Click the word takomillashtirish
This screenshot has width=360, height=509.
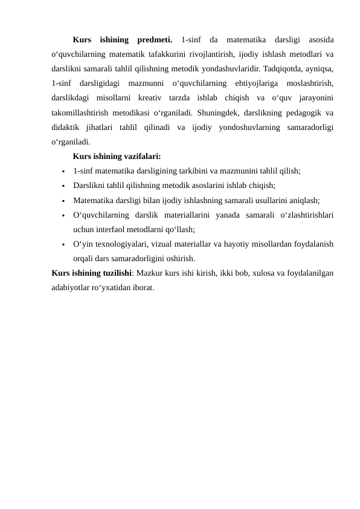coord(84,112)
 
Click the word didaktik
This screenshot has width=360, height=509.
coord(68,127)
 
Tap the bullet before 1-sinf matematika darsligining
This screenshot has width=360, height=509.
coord(62,172)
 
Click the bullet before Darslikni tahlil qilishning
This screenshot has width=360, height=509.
coord(62,186)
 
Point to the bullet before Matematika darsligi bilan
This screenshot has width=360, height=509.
coord(62,201)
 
